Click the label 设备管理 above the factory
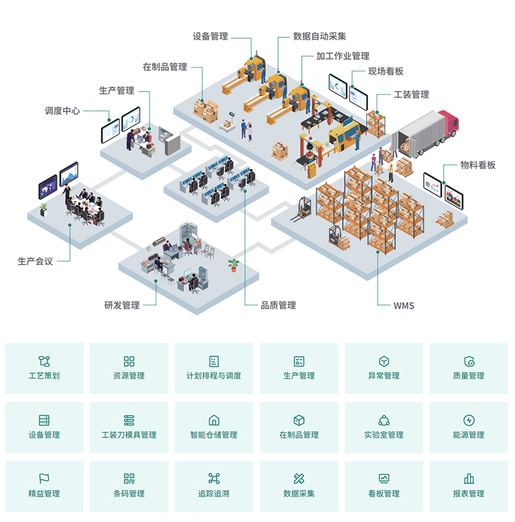click(211, 36)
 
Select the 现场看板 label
click(386, 72)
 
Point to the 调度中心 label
click(62, 111)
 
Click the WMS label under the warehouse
click(404, 305)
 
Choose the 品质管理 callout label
click(278, 305)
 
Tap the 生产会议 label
click(35, 261)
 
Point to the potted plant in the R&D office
click(233, 264)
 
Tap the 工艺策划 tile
click(44, 368)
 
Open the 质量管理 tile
click(469, 368)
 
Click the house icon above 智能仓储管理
click(214, 420)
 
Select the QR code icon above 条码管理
click(129, 478)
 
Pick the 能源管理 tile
click(469, 427)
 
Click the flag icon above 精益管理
click(44, 478)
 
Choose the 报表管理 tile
click(469, 487)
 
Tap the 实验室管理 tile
click(384, 427)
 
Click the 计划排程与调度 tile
click(214, 368)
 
